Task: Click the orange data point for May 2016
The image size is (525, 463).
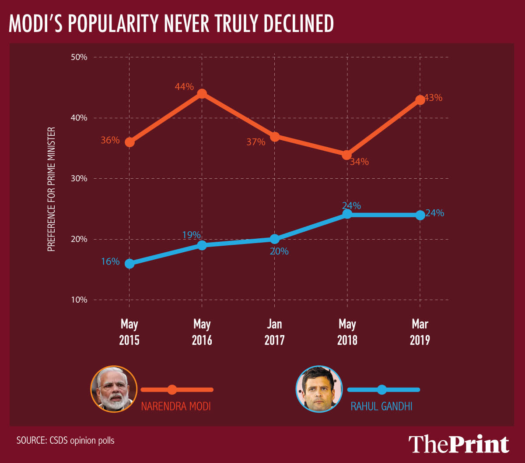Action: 202,94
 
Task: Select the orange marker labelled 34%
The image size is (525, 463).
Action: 347,155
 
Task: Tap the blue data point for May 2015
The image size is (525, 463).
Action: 129,264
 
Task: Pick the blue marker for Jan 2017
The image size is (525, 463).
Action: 274,239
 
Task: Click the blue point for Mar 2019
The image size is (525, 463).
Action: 420,215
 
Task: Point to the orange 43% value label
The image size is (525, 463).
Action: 433,98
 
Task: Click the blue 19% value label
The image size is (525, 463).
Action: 191,235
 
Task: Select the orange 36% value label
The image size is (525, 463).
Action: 109,141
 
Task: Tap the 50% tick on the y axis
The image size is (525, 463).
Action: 79,57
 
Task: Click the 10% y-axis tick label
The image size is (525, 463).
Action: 79,300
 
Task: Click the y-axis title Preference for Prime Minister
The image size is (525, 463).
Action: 51,189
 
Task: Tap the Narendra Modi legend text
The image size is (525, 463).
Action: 176,406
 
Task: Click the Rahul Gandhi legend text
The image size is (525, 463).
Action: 381,406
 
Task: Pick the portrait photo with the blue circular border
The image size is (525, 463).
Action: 318,389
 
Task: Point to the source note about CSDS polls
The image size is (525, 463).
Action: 66,440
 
